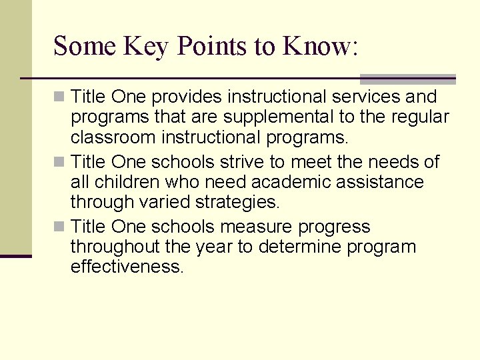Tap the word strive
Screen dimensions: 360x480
tap(234, 162)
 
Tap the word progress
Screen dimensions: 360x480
tap(333, 227)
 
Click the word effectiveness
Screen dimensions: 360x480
tap(125, 267)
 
